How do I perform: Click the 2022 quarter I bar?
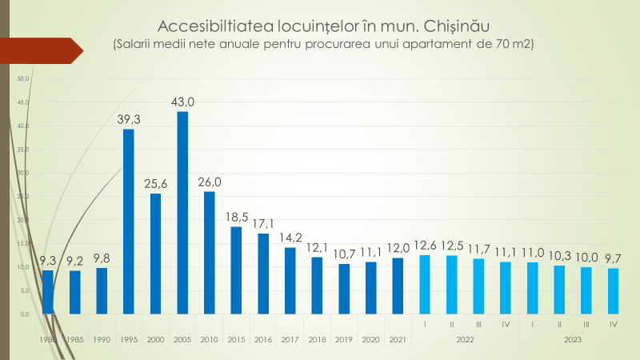tap(425, 284)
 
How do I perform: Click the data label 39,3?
tap(129, 119)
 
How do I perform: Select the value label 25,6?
tap(156, 183)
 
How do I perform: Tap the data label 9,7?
tap(613, 258)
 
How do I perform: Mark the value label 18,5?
tap(237, 217)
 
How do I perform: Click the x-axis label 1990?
tap(102, 340)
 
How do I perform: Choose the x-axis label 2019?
tap(344, 340)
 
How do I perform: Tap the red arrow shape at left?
tap(40, 50)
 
